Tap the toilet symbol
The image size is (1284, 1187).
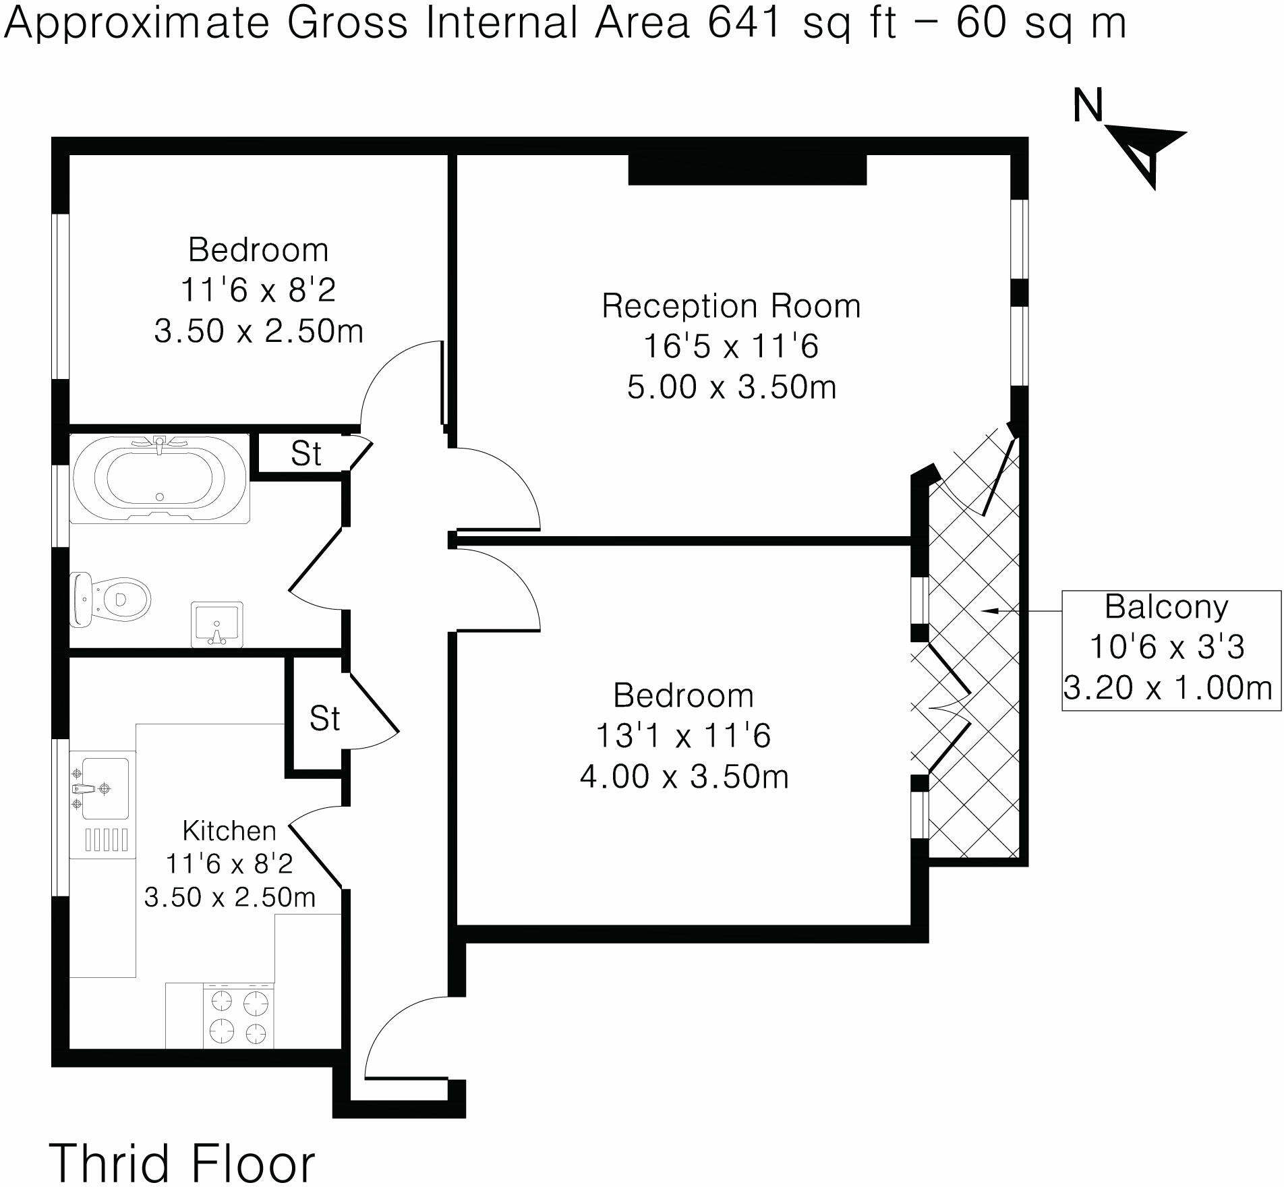[111, 599]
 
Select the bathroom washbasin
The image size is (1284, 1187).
[216, 624]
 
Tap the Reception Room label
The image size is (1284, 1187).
[731, 306]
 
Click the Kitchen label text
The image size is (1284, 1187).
[229, 831]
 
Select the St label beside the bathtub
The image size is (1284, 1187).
[305, 455]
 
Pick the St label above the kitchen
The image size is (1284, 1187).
[324, 719]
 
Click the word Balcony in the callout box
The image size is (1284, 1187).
[1166, 607]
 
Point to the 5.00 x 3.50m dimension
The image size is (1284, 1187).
[731, 387]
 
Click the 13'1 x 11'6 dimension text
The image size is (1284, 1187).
[683, 735]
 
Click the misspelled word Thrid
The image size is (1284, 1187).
[109, 1163]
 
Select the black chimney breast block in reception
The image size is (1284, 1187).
[747, 170]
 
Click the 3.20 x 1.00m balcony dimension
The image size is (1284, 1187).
[1167, 688]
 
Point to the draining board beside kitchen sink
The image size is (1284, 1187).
[106, 840]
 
